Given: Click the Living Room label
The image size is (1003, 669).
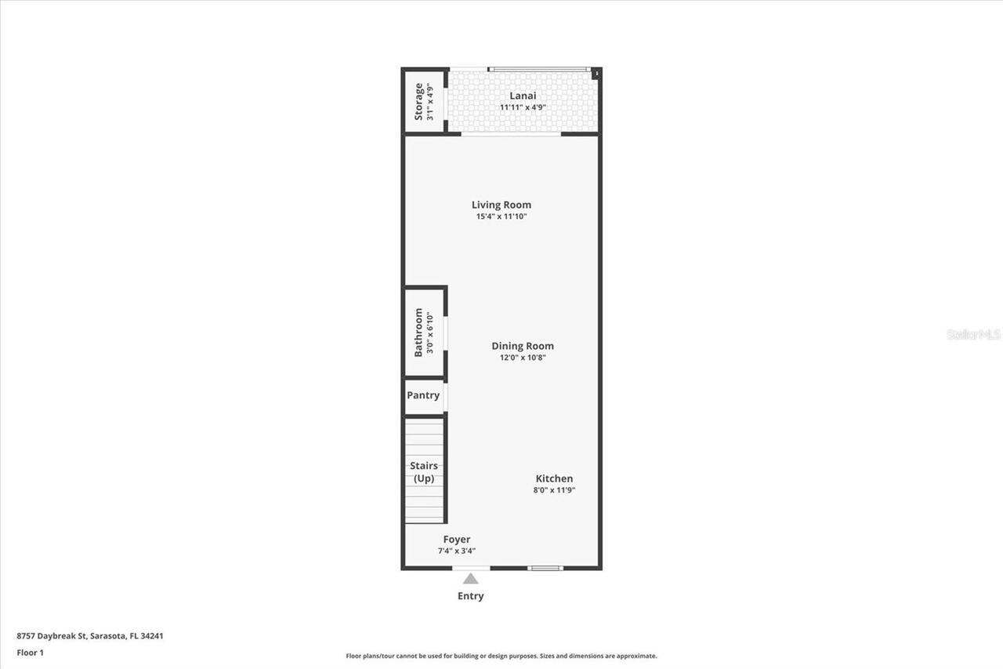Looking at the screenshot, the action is pyautogui.click(x=501, y=205).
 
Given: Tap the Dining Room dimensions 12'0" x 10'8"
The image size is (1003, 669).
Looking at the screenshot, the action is pyautogui.click(x=523, y=358).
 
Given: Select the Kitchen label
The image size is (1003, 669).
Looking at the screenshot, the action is pyautogui.click(x=554, y=478).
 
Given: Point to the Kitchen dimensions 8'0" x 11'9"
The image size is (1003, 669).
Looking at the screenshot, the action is pyautogui.click(x=554, y=490).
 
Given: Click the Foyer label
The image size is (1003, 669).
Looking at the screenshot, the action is pyautogui.click(x=457, y=540).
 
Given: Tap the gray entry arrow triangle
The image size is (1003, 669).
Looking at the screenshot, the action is pyautogui.click(x=471, y=579).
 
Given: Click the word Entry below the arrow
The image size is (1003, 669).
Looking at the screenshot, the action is pyautogui.click(x=471, y=596).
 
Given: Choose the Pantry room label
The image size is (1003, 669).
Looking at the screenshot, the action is pyautogui.click(x=423, y=395).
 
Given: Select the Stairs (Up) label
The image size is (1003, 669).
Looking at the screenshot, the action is pyautogui.click(x=424, y=472).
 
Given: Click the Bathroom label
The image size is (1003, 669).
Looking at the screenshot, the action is pyautogui.click(x=418, y=333).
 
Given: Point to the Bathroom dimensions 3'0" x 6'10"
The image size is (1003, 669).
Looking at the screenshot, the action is pyautogui.click(x=430, y=333).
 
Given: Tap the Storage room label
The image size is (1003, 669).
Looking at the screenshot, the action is pyautogui.click(x=418, y=102).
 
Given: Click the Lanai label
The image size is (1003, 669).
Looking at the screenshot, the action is pyautogui.click(x=523, y=96).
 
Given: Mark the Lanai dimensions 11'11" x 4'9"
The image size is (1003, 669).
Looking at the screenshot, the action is pyautogui.click(x=523, y=107).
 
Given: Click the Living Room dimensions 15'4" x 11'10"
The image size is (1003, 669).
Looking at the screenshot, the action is pyautogui.click(x=501, y=216).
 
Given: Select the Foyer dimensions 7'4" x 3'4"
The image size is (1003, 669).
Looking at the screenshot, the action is pyautogui.click(x=457, y=551).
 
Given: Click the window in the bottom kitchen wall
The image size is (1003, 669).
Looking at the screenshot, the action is pyautogui.click(x=545, y=568).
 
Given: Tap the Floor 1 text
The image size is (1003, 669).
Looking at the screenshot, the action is pyautogui.click(x=31, y=653).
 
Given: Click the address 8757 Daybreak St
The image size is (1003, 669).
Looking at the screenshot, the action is pyautogui.click(x=52, y=636).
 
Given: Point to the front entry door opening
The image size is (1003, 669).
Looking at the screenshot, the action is pyautogui.click(x=471, y=568).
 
